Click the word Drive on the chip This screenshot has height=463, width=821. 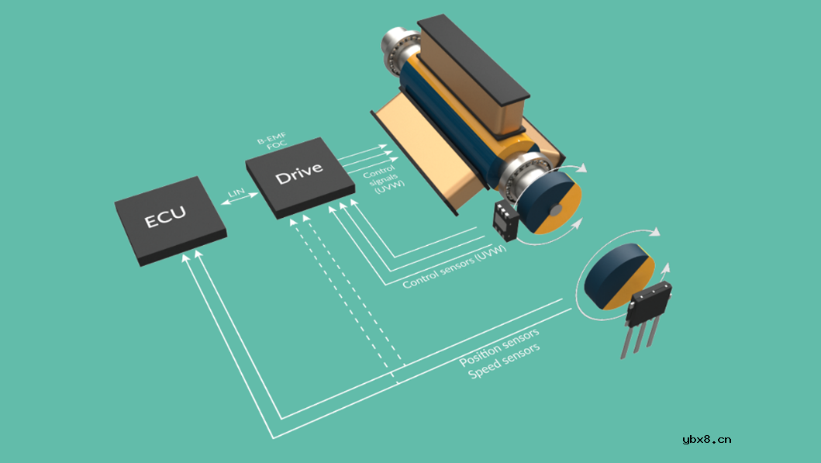click(299, 173)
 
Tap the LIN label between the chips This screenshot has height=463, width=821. click(236, 193)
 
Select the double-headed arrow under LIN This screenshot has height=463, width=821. click(240, 199)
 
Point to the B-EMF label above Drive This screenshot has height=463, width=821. click(271, 138)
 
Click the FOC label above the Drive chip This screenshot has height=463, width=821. click(277, 144)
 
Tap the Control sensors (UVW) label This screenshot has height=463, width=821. click(454, 266)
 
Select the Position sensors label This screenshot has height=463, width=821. click(499, 347)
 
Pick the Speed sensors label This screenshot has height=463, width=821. click(504, 361)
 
